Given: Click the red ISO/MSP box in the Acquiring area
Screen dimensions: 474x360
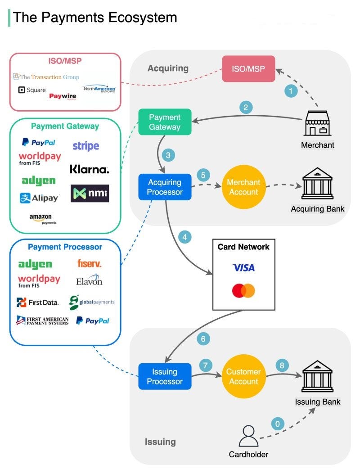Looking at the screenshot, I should tap(249, 69).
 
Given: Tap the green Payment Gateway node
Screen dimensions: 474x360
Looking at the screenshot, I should tap(165, 122).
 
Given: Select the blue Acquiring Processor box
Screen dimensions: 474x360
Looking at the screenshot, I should tap(165, 187).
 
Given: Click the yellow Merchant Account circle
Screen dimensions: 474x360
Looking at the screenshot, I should tap(243, 187).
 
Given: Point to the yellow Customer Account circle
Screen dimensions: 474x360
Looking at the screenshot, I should tap(243, 377).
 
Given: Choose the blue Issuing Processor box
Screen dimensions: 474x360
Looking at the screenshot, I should tap(165, 377).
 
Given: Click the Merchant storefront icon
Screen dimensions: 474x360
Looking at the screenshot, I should tap(318, 123).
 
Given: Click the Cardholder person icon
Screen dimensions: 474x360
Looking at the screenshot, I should tap(248, 436).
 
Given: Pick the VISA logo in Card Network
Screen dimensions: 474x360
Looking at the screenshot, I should tap(243, 268).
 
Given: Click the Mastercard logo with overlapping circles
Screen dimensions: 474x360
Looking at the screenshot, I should tap(243, 291).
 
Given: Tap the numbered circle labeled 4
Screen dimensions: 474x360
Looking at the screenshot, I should tap(185, 237).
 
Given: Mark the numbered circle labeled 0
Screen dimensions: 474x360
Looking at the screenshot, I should tap(278, 424).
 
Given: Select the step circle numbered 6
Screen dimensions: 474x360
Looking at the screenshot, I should tap(203, 339).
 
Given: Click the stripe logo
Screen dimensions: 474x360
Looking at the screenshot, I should tap(85, 146).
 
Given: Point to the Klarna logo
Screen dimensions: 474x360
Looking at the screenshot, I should tap(90, 170).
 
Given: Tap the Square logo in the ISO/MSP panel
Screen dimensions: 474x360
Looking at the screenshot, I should tap(31, 90).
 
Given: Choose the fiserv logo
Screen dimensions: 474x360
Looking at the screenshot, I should tap(89, 263).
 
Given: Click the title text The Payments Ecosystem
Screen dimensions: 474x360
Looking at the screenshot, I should tap(95, 18).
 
